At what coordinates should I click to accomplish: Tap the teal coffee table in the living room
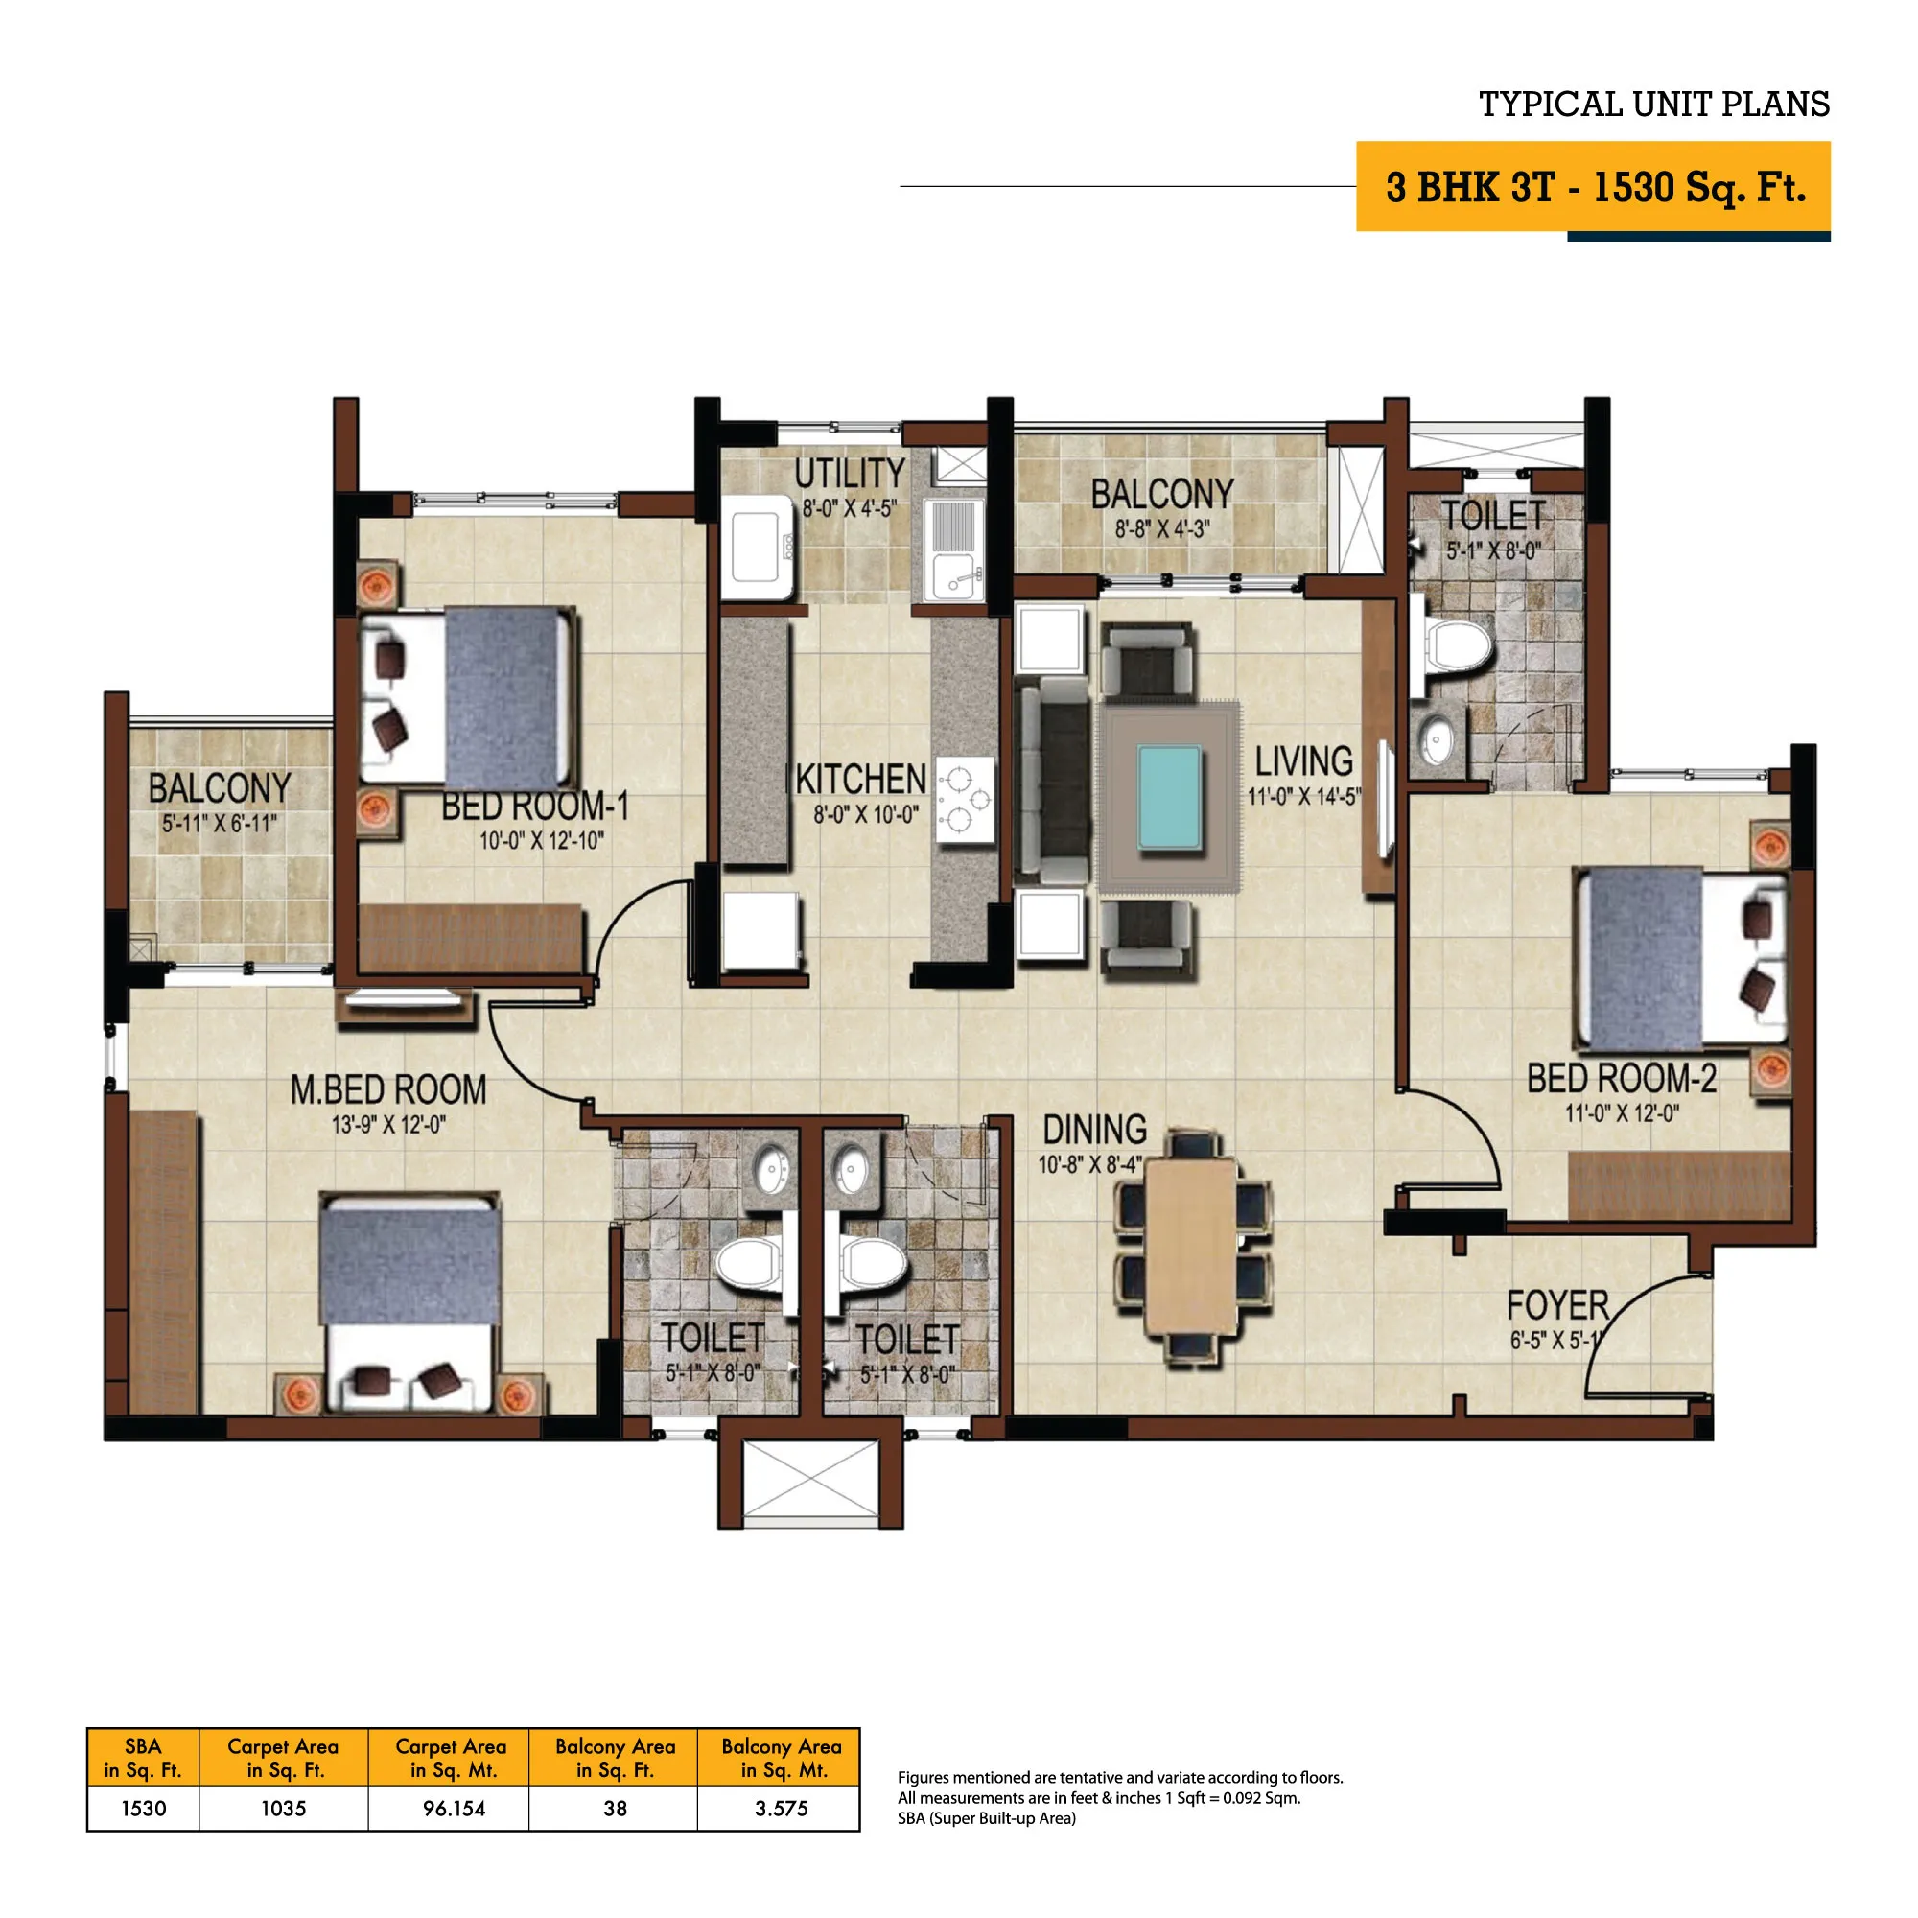pyautogui.click(x=1169, y=798)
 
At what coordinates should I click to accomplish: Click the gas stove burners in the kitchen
pyautogui.click(x=964, y=799)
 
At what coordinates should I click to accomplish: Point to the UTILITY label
pyautogui.click(x=850, y=474)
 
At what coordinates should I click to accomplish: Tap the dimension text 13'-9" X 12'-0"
pyautogui.click(x=388, y=1125)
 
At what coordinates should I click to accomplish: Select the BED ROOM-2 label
pyautogui.click(x=1621, y=1077)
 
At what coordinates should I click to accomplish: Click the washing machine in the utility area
pyautogui.click(x=761, y=547)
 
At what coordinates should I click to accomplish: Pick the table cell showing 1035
pyautogui.click(x=283, y=1808)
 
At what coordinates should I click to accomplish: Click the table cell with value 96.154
pyautogui.click(x=454, y=1808)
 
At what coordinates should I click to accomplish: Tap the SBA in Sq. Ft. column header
pyautogui.click(x=143, y=1757)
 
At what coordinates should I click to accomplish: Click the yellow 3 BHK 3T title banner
pyautogui.click(x=1592, y=187)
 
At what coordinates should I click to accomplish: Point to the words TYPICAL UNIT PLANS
pyautogui.click(x=1654, y=105)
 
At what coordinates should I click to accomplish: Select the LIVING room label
pyautogui.click(x=1303, y=761)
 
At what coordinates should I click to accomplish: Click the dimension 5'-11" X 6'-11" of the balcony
pyautogui.click(x=220, y=823)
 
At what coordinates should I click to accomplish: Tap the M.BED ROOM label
pyautogui.click(x=388, y=1089)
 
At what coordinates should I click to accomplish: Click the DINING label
pyautogui.click(x=1094, y=1129)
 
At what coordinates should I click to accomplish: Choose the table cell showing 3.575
pyautogui.click(x=782, y=1808)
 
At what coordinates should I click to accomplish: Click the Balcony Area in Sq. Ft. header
pyautogui.click(x=615, y=1757)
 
